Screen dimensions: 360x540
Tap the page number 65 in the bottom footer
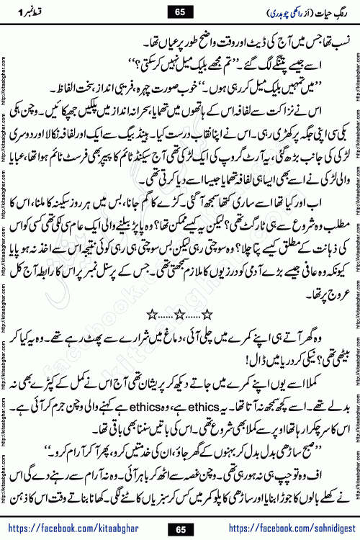point(180,529)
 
